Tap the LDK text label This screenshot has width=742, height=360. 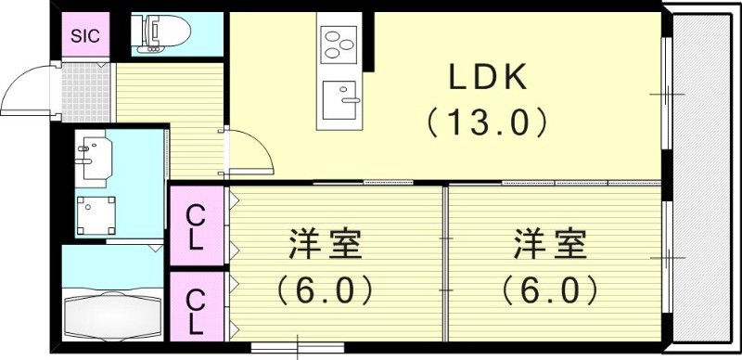489,79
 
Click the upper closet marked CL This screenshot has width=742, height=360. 196,227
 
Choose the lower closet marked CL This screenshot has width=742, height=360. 196,311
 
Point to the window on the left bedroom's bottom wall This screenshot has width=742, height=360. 297,350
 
